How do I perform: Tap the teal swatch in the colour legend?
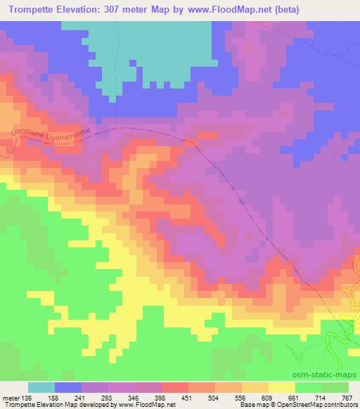41,387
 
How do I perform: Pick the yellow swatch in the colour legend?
282,387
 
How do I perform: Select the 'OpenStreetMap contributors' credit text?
323,405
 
